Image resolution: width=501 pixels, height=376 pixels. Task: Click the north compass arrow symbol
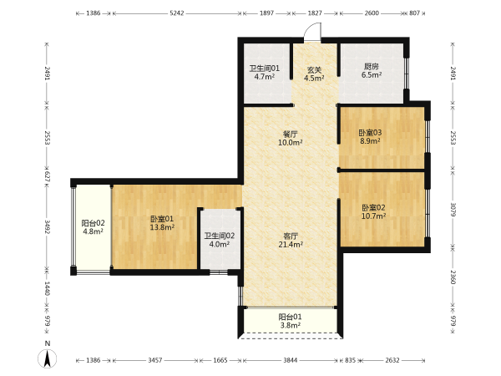48,358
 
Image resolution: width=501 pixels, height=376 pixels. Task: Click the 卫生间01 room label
264,69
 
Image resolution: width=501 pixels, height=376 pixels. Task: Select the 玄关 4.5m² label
314,74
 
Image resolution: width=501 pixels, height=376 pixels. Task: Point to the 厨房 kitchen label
372,67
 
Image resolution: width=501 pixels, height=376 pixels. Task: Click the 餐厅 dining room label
290,134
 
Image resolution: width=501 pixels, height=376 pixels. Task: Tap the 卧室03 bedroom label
370,132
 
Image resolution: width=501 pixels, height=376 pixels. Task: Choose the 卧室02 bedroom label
373,207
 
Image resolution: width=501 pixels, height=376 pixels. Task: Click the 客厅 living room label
291,236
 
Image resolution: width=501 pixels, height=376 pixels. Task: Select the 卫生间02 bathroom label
220,236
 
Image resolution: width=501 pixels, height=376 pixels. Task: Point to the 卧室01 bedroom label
162,219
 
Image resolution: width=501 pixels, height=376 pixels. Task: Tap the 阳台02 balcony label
93,223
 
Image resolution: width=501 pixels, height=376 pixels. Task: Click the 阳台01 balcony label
290,317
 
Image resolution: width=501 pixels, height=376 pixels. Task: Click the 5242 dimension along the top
177,13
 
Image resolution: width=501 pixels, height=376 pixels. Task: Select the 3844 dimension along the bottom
290,360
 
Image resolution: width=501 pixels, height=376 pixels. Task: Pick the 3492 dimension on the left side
48,226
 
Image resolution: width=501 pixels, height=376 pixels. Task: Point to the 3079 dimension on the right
453,209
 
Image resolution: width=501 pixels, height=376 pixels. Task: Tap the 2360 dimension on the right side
453,277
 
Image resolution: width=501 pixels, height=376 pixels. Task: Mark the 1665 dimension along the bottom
220,360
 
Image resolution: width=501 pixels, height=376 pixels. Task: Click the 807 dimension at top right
414,13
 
